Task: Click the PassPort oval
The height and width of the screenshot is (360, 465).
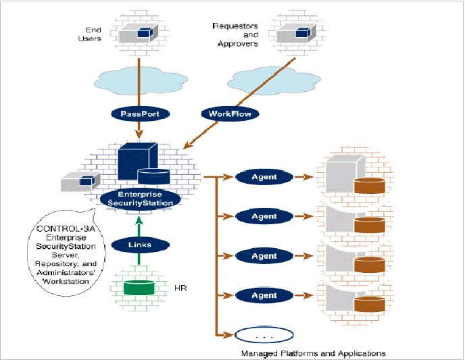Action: point(139,113)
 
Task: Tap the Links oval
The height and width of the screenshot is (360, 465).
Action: point(139,245)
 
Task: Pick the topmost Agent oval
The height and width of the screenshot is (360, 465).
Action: point(264,177)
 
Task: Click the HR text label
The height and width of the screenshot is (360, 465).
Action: point(180,289)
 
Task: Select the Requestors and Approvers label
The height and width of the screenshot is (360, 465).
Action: point(234,35)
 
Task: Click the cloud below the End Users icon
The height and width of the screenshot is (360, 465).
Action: point(139,77)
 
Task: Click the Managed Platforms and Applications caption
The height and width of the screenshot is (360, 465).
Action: point(313,353)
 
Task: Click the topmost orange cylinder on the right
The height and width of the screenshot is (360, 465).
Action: point(368,184)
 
